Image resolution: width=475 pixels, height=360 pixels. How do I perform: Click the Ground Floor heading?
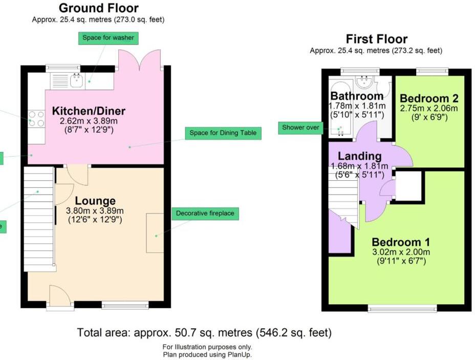(98, 8)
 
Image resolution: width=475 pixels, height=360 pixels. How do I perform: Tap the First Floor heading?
(376, 39)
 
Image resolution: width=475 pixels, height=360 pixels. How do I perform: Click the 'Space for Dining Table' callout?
(223, 133)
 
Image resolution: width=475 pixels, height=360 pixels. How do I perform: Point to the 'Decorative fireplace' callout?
(205, 213)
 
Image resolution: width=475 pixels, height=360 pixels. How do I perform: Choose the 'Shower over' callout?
(300, 128)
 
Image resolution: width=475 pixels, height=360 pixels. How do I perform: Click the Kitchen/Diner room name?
(89, 111)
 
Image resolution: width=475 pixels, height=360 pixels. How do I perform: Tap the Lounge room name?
(95, 201)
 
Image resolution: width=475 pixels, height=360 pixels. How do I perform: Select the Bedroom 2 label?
(429, 98)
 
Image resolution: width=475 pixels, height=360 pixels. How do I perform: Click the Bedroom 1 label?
(401, 242)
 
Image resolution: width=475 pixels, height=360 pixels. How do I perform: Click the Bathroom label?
(356, 96)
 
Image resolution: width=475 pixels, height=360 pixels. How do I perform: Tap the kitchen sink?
(77, 79)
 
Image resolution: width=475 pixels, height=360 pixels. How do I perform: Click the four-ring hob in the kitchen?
(36, 119)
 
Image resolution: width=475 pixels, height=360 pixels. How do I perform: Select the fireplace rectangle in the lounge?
(155, 233)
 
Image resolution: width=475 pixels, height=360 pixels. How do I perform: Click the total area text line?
(204, 332)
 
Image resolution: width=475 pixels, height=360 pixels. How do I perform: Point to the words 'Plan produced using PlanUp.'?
(207, 354)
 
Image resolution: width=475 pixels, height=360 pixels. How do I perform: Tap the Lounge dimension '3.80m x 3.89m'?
(95, 210)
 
